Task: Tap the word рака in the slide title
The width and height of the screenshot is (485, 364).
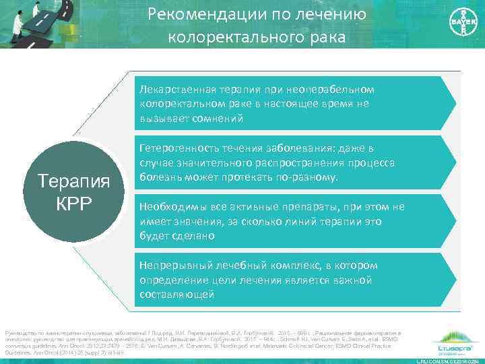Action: tap(329, 38)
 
